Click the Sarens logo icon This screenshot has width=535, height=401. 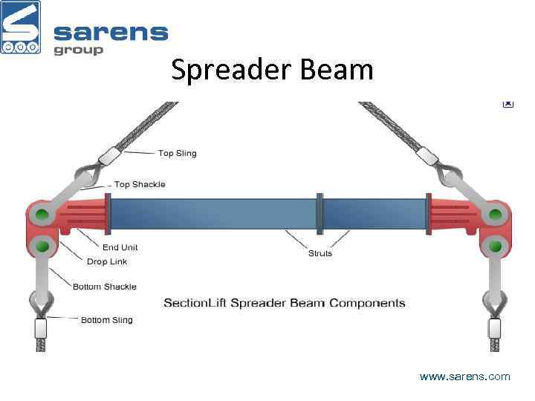pos(21,27)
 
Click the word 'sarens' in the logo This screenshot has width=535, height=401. pos(111,33)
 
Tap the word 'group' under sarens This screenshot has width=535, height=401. pos(78,50)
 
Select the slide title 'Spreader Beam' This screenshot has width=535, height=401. pos(272,71)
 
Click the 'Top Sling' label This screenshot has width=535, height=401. pos(178,154)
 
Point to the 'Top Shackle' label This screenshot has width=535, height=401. pos(140,184)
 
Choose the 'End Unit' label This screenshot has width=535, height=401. pos(120,247)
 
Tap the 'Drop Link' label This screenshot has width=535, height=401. pos(107,261)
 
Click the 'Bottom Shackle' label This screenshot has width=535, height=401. pos(105,287)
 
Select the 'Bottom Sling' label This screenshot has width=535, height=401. pos(107,320)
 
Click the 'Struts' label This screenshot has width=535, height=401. pos(320,253)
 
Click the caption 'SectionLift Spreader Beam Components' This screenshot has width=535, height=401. pos(285,303)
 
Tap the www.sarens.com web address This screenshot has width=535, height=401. pos(465,376)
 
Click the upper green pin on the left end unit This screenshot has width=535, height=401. pos(42,216)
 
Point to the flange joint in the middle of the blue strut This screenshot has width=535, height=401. pos(320,214)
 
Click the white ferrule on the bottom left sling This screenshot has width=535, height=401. pos(40,327)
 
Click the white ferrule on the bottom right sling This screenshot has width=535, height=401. pos(494,327)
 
